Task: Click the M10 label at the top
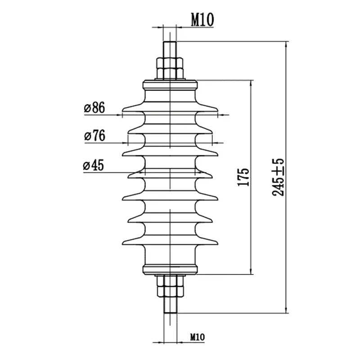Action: pos(202,20)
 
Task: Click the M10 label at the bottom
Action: pos(197,337)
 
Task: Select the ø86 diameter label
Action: pos(94,108)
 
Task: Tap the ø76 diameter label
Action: pos(95,135)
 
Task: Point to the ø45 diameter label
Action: pos(94,165)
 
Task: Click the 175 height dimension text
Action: pos(243,177)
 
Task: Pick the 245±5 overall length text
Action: pos(278,177)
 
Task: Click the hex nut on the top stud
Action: pos(170,68)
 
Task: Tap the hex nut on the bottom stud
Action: pos(170,286)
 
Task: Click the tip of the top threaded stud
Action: pos(170,42)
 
